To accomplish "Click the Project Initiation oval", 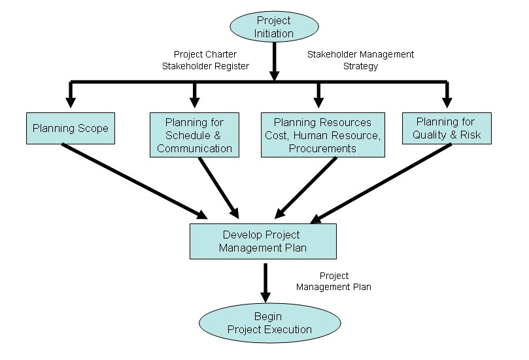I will coord(273,27).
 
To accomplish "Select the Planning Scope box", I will coord(70,129).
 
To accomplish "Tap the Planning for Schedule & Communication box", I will coord(194,135).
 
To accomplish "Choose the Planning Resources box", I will coord(322,135).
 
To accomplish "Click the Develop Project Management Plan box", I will coord(263,241).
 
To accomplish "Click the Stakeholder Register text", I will coord(205,66).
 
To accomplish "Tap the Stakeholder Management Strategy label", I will coord(360,60).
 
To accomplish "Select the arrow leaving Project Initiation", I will coord(273,62).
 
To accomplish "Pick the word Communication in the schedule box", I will coord(194,148).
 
